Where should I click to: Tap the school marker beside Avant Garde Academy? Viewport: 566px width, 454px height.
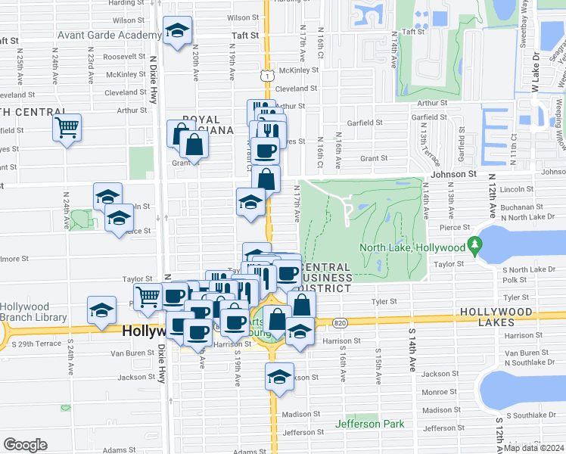point(177,31)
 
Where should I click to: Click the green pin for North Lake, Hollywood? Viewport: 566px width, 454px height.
point(474,244)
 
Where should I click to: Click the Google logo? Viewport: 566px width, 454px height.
point(25,445)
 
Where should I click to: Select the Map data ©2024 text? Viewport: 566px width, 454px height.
point(534,448)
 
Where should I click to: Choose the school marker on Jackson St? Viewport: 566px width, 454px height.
point(279,376)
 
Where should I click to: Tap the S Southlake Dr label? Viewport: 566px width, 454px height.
point(530,415)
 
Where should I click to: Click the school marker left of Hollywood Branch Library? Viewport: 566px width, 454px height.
point(101,310)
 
